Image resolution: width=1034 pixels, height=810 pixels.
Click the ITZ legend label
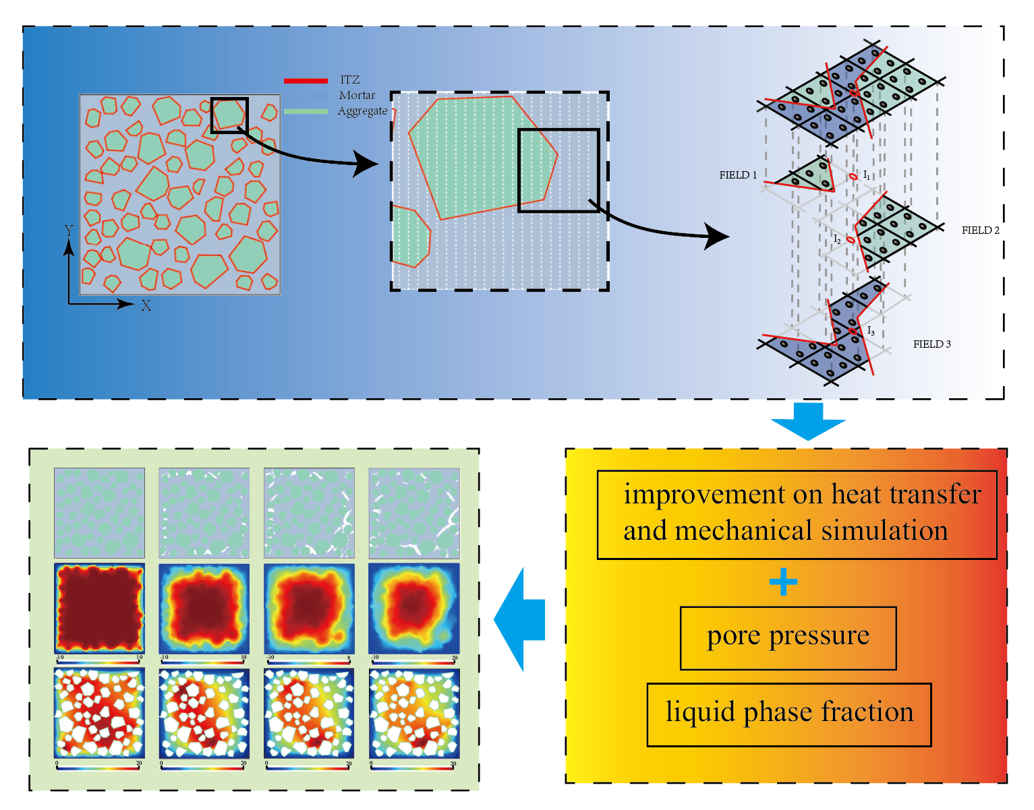pos(349,80)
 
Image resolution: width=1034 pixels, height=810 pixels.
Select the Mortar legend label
pos(357,96)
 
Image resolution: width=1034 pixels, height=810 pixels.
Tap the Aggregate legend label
pos(362,111)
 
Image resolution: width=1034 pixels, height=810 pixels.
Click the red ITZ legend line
pos(306,81)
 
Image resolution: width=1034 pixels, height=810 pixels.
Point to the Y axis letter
pos(69,231)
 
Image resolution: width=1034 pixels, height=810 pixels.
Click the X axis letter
pos(146,306)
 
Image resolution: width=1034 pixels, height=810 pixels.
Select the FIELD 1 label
pos(738,175)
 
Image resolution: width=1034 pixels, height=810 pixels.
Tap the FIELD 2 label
pos(980,230)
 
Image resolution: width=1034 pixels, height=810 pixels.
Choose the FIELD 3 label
pos(931,344)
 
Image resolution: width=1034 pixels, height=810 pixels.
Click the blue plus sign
pos(783,582)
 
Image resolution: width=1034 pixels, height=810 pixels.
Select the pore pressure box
pos(788,637)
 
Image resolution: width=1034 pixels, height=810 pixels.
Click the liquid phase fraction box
pos(788,714)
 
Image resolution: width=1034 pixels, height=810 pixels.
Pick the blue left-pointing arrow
pos(519,619)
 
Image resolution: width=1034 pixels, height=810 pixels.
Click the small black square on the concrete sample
pos(229,115)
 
